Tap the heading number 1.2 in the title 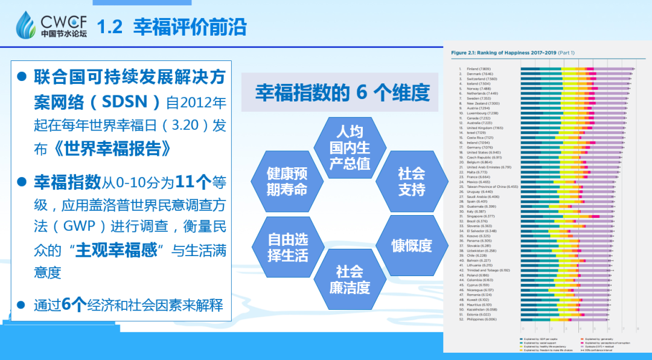(x=110, y=27)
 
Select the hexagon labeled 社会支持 (x=411, y=181)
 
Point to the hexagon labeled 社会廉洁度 (x=350, y=279)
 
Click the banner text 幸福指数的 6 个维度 (x=342, y=92)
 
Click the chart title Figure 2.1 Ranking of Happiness (x=513, y=53)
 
